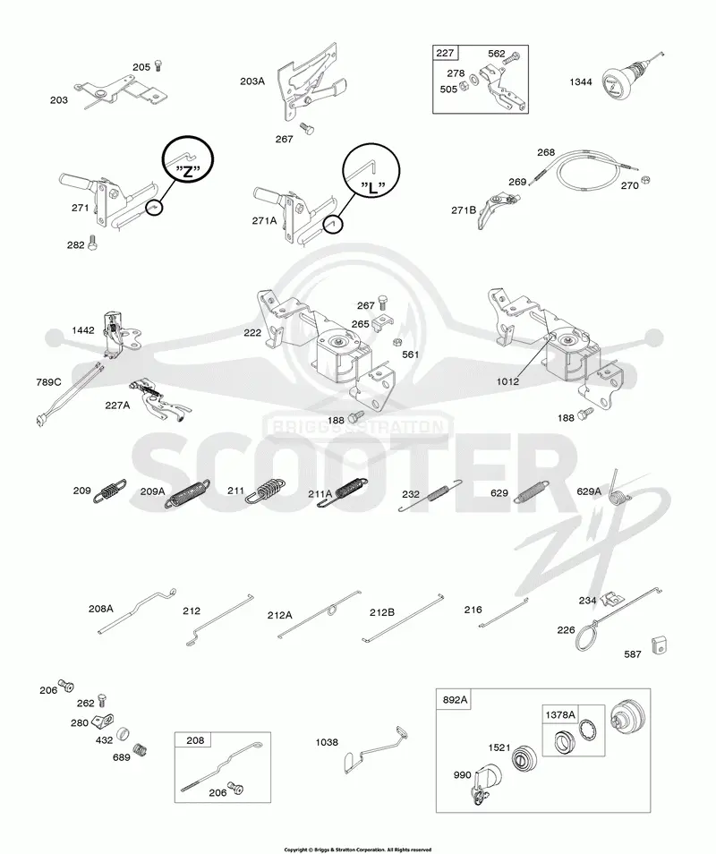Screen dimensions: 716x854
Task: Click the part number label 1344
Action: point(581,82)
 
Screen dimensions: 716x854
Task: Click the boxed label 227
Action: point(446,53)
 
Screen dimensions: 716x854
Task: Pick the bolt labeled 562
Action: point(511,57)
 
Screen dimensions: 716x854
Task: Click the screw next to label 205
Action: point(158,66)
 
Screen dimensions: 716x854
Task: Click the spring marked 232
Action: point(431,495)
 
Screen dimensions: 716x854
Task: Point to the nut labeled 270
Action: point(646,179)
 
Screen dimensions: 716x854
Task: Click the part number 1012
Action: point(507,381)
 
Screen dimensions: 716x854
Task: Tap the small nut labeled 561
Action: point(396,342)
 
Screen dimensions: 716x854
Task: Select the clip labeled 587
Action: point(659,645)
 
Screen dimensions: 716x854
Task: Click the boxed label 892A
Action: point(455,699)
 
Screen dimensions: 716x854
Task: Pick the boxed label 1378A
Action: point(560,714)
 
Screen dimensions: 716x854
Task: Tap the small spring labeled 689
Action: point(141,749)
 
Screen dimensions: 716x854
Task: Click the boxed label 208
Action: point(195,740)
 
